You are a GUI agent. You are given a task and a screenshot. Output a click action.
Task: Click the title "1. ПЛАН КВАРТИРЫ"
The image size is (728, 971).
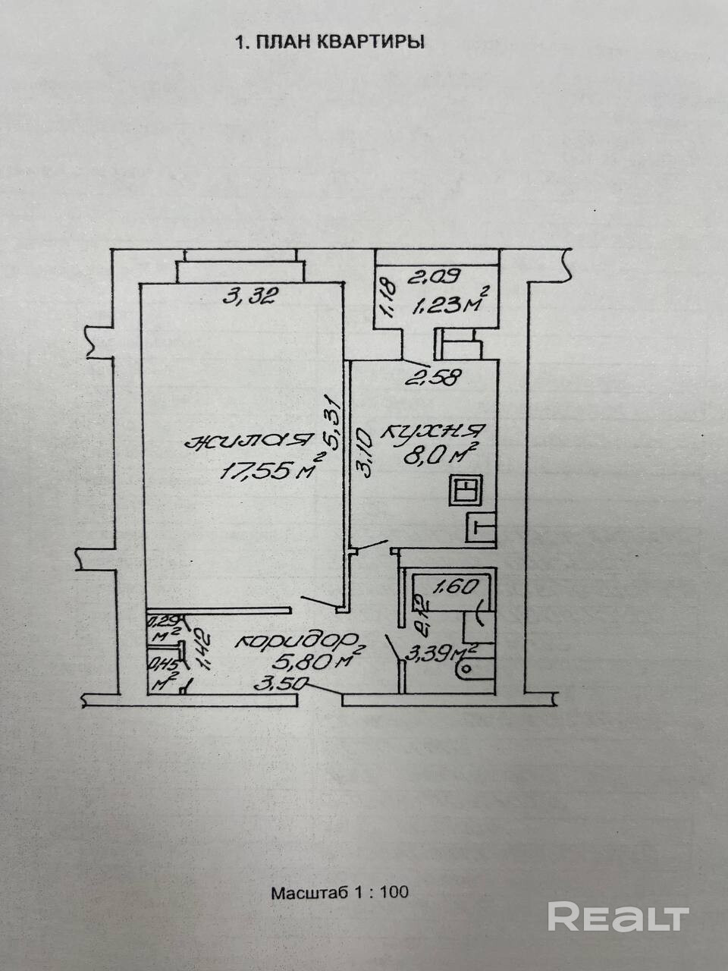[331, 42]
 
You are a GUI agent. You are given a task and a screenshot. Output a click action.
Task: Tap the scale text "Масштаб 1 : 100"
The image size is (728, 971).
[340, 892]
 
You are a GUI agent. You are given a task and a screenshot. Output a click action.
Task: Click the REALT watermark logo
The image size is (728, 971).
[618, 917]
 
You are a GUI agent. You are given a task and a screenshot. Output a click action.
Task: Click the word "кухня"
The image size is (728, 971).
[429, 433]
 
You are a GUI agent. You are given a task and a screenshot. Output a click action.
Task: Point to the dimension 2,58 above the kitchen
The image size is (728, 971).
[435, 378]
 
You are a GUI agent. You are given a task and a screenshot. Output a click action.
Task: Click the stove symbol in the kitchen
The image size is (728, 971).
[464, 489]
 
